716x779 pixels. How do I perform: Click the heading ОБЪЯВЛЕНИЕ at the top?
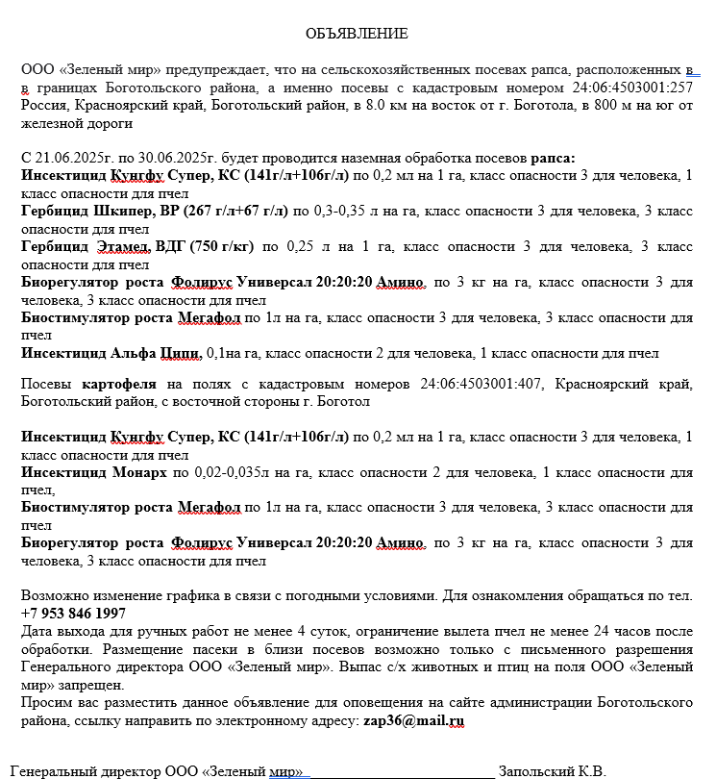pos(357,34)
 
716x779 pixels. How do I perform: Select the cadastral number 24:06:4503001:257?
pos(632,88)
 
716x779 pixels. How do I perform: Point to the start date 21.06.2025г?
pos(77,157)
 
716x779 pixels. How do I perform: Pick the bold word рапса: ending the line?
pos(554,157)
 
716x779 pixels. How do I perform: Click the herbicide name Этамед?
pos(123,247)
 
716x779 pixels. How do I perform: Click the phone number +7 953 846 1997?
pos(73,613)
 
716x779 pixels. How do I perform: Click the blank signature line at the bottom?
pos(401,771)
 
